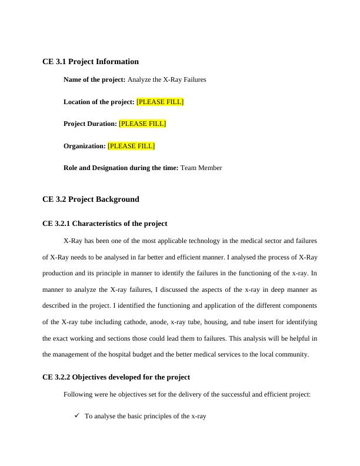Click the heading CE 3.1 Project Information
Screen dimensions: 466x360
coord(91,62)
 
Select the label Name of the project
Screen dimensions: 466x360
coord(94,79)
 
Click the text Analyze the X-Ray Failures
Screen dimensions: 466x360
coord(166,79)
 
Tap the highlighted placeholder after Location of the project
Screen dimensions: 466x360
coord(160,102)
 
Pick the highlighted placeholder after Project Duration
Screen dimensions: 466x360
coord(142,124)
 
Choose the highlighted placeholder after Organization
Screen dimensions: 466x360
coord(131,146)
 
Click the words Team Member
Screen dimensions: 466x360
coord(201,168)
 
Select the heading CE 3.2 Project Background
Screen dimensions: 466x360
coord(91,199)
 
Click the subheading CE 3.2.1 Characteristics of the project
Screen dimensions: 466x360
coord(105,224)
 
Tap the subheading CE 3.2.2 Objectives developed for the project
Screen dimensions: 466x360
coord(116,377)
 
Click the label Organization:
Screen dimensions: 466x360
coord(85,146)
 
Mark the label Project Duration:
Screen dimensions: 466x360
coord(90,124)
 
